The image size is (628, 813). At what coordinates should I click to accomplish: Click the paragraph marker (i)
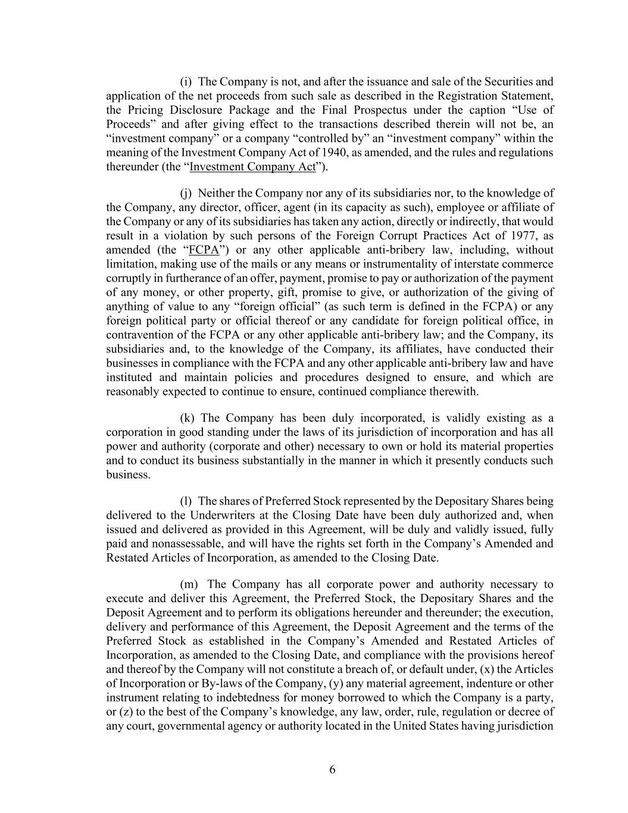(x=186, y=82)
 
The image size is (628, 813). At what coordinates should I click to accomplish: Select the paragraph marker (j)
(x=186, y=194)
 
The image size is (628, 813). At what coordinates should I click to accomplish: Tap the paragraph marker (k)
(x=187, y=418)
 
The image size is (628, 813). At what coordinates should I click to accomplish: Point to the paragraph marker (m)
(x=189, y=584)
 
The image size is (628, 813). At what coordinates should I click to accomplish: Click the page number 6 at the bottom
(x=332, y=770)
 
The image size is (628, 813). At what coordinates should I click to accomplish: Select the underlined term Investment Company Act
(x=252, y=167)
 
